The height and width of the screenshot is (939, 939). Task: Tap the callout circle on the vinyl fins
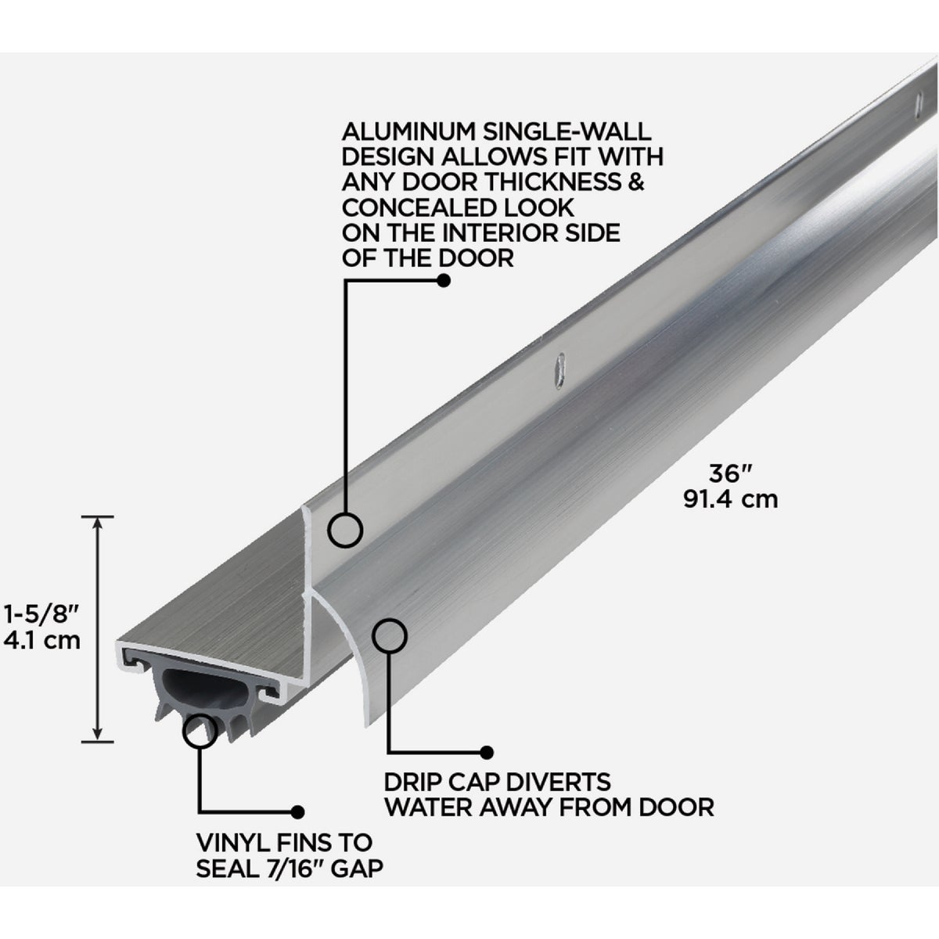(x=200, y=730)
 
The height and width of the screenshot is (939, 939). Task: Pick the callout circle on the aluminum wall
(x=345, y=531)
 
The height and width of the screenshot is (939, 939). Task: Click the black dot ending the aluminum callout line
(x=444, y=279)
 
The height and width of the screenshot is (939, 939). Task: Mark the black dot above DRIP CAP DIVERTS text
(x=486, y=752)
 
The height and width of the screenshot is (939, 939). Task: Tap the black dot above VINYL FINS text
(x=297, y=811)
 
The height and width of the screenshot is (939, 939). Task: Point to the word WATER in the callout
(x=432, y=806)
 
